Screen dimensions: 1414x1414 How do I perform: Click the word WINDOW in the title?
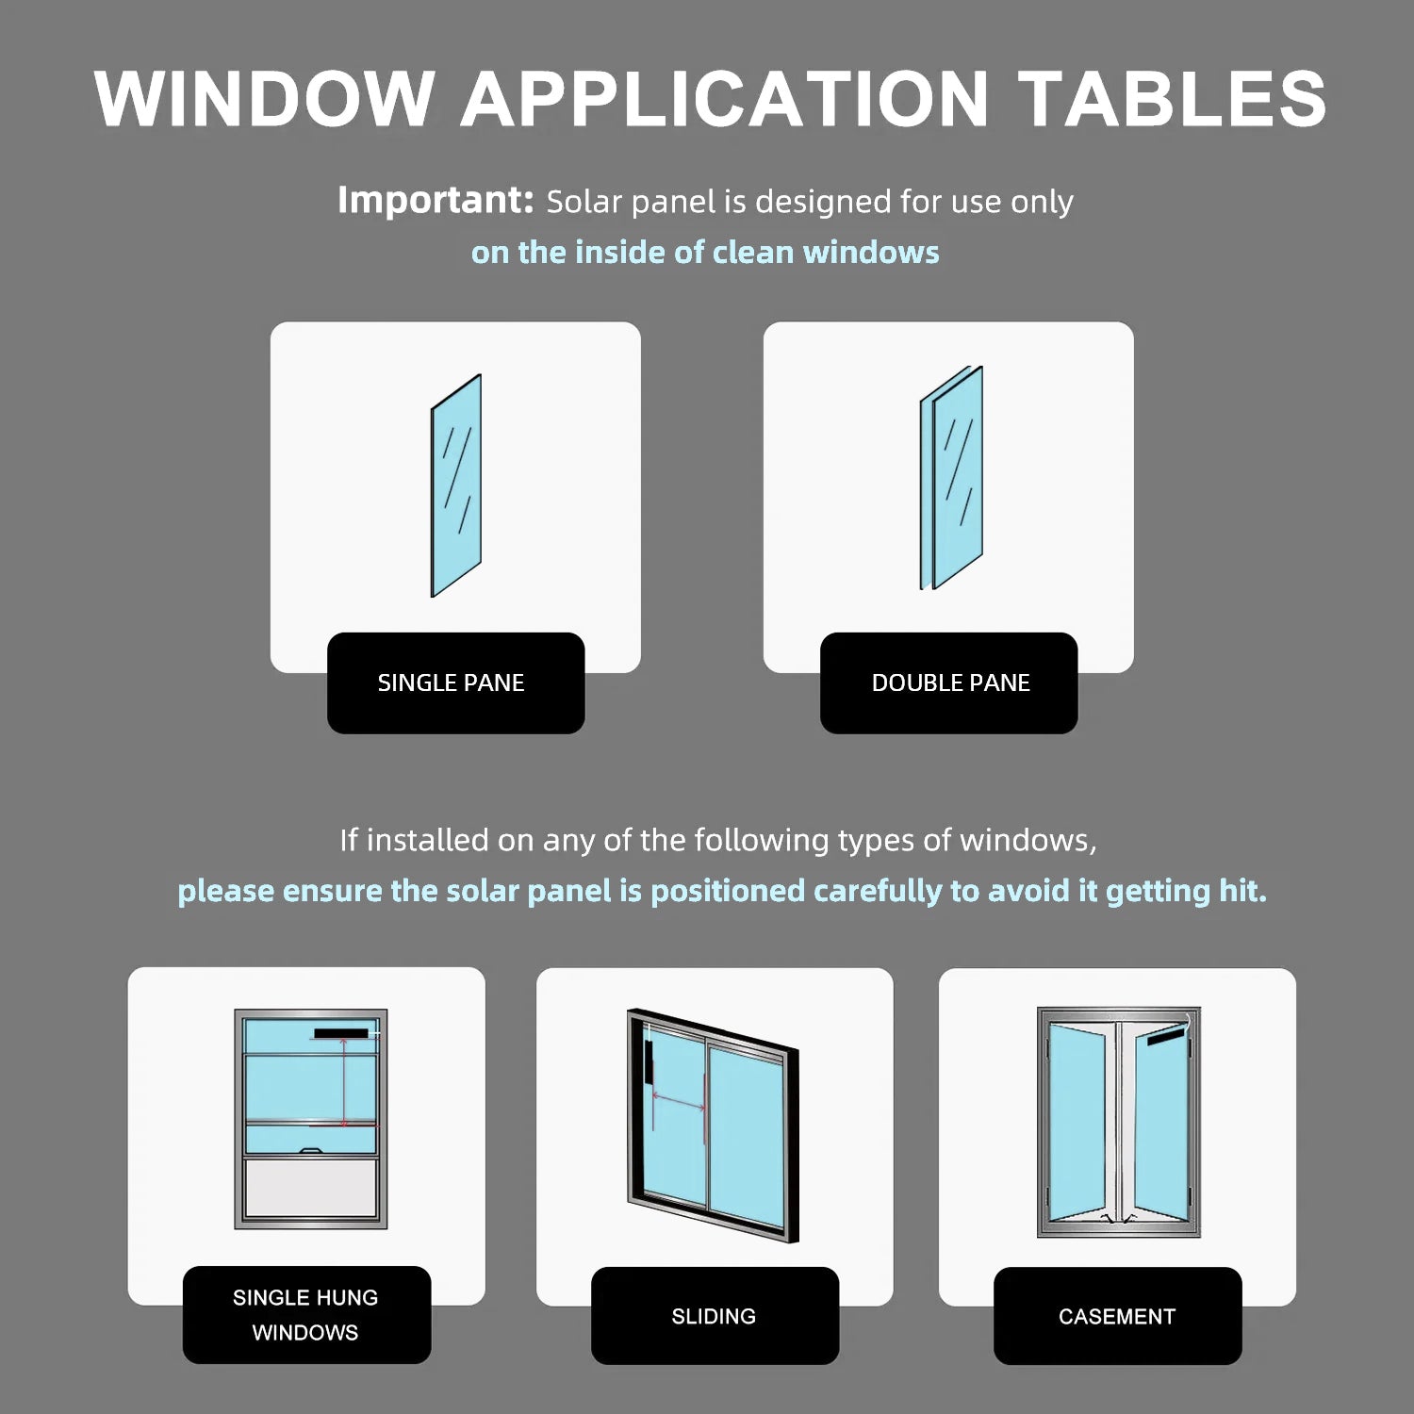click(x=264, y=98)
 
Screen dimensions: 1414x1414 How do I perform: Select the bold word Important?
click(x=436, y=200)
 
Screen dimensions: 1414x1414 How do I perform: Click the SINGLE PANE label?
click(x=451, y=682)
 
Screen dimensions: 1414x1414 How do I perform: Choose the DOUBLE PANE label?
click(x=950, y=682)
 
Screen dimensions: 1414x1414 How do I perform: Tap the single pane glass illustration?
click(x=456, y=485)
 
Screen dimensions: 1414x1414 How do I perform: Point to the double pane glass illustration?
click(x=951, y=478)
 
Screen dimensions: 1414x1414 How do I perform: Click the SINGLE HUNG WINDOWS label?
click(x=305, y=1315)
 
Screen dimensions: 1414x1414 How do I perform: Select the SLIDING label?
click(x=714, y=1317)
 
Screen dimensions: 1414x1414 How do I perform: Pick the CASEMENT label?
click(x=1117, y=1317)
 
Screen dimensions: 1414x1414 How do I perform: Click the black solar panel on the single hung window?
click(x=341, y=1034)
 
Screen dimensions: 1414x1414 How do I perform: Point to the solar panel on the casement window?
click(x=1164, y=1038)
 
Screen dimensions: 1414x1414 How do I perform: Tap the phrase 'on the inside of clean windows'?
click(x=705, y=253)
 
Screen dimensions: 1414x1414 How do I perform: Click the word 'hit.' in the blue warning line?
click(x=1242, y=891)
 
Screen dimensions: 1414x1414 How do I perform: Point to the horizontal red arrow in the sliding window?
click(x=679, y=1100)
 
